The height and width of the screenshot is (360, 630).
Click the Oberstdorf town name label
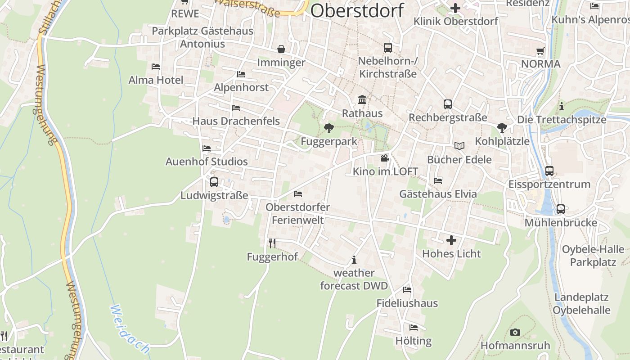[x=357, y=10]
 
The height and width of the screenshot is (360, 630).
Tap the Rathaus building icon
[x=362, y=99]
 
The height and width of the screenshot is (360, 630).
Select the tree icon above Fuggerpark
[x=329, y=128]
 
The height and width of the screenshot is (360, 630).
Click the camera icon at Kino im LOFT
[x=385, y=158]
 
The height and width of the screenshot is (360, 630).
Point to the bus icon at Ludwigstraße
[x=214, y=182]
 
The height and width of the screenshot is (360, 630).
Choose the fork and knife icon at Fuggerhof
[x=272, y=243]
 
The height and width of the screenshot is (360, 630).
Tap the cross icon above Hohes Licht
[x=451, y=240]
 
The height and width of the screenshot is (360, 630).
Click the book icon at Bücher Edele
[x=459, y=146]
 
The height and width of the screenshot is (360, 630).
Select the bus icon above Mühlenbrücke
[x=560, y=209]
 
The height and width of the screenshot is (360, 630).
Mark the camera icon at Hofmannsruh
[x=515, y=333]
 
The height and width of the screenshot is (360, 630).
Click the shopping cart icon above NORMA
[x=540, y=51]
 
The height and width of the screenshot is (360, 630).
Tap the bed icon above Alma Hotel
[x=156, y=67]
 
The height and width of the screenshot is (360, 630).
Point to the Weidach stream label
[x=130, y=328]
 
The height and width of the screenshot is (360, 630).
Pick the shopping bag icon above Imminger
[x=281, y=49]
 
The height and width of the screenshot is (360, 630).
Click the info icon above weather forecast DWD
[x=354, y=260]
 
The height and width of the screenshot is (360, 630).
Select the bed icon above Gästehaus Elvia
[x=438, y=181]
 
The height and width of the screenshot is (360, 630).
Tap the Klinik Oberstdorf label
[x=455, y=21]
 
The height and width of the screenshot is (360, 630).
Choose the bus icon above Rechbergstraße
[x=448, y=104]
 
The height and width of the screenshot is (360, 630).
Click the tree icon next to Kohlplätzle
[x=502, y=128]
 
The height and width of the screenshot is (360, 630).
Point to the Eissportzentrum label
[x=549, y=184]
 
